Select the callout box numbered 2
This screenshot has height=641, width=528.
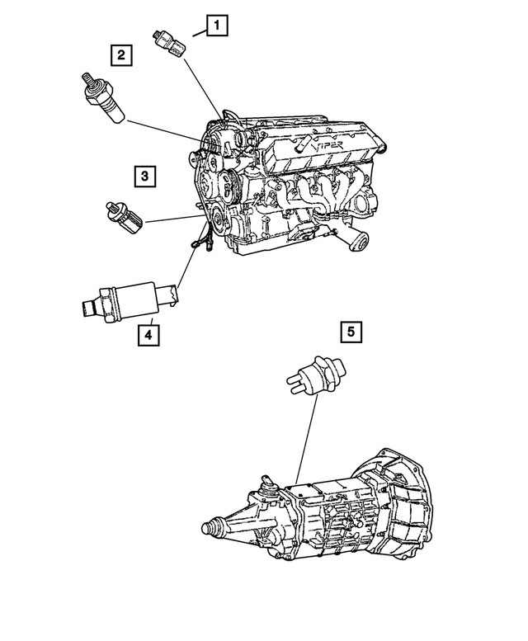tap(121, 55)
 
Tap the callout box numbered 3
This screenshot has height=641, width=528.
tap(144, 175)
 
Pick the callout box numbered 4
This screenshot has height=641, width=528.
tap(148, 334)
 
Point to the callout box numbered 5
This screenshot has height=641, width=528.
tap(351, 332)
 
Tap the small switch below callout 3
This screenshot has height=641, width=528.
tap(125, 215)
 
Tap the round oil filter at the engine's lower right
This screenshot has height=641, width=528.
tap(356, 240)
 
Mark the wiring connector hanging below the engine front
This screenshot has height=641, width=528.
tap(197, 242)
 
